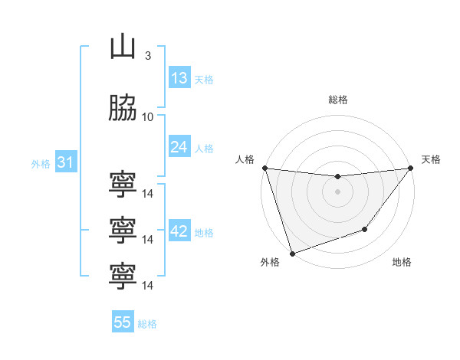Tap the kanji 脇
(x=123, y=107)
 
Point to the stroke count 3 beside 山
(x=148, y=56)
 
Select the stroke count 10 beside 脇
(x=147, y=117)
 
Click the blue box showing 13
(x=179, y=77)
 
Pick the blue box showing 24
(x=179, y=146)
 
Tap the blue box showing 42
(x=179, y=230)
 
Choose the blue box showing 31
(x=66, y=162)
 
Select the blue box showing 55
(x=123, y=321)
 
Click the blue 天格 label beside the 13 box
(x=204, y=80)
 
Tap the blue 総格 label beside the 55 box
(x=147, y=324)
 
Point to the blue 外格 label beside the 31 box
(x=41, y=164)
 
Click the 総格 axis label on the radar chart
(x=338, y=100)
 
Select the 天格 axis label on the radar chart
(x=431, y=159)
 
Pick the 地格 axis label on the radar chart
(x=402, y=262)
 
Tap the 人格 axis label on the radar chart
(x=245, y=159)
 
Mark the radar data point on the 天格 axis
(x=411, y=168)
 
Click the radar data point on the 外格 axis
(x=293, y=254)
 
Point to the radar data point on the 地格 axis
(x=365, y=229)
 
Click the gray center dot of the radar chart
(x=337, y=191)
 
